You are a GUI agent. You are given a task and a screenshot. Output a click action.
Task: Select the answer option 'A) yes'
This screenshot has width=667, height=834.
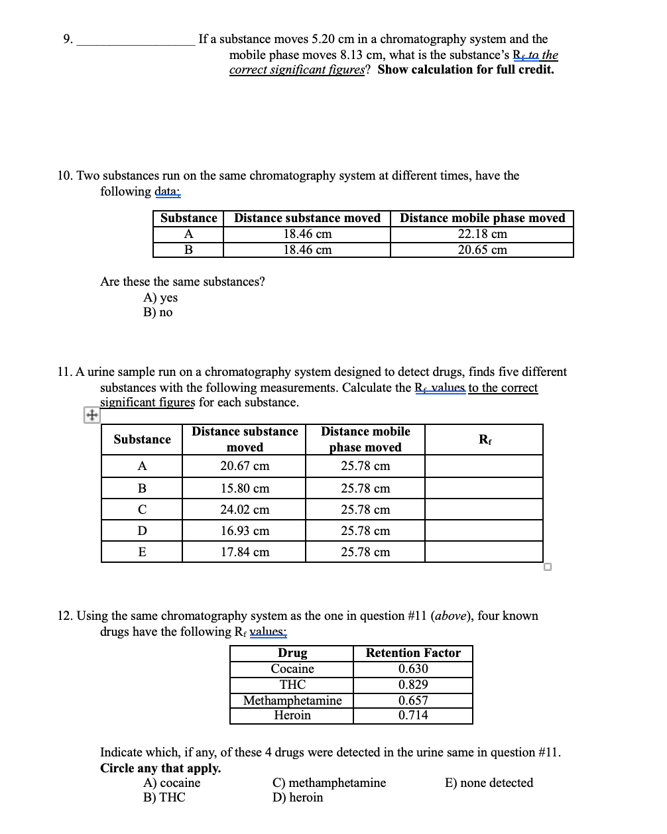tap(160, 298)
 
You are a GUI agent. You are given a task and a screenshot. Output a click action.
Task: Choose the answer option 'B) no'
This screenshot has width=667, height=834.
tap(158, 312)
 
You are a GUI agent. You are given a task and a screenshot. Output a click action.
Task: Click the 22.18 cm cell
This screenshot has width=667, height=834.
tap(482, 234)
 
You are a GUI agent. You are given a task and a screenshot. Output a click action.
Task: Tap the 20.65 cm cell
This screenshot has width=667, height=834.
tap(482, 250)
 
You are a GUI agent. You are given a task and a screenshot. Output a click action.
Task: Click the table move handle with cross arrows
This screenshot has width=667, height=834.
tap(91, 415)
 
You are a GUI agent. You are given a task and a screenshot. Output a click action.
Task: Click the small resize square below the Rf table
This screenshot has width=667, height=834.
tap(547, 567)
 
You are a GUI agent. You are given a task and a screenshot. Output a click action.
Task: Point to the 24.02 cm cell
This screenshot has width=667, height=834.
tap(245, 510)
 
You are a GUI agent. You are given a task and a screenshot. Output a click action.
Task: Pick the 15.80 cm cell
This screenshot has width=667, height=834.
tap(245, 489)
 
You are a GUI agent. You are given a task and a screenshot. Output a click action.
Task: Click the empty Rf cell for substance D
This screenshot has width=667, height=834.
tap(484, 531)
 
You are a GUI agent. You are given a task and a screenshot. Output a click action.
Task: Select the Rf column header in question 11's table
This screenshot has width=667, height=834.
tap(485, 440)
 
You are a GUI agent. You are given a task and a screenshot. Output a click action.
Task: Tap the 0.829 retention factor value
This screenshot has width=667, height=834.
tap(413, 685)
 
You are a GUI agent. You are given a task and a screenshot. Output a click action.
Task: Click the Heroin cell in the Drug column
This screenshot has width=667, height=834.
tap(292, 715)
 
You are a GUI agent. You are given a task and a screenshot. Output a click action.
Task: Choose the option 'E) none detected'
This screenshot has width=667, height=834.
tap(489, 783)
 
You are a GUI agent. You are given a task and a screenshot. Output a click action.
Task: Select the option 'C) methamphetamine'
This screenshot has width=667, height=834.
tap(329, 783)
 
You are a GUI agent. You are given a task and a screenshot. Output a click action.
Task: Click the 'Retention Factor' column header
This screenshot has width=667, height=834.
tap(413, 653)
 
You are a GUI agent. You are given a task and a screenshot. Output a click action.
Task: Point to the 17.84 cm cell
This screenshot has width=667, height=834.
tap(245, 552)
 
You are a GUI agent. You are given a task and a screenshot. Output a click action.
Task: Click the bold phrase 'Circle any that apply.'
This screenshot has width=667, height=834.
tap(160, 768)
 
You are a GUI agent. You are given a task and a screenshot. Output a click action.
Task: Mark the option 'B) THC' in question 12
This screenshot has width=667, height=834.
tap(164, 798)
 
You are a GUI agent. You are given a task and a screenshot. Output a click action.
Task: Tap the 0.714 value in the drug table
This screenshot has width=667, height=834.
tap(413, 715)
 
